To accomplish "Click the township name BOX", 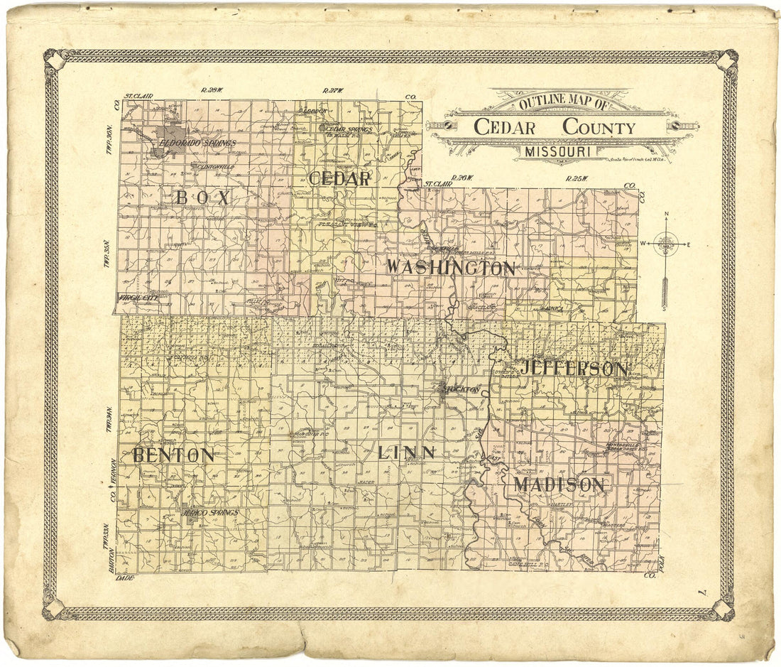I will [203, 198].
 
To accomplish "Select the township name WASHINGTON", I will [451, 269].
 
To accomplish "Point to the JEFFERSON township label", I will [574, 369].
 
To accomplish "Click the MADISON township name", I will [559, 485].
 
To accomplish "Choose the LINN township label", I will [407, 452].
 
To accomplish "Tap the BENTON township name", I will [173, 455].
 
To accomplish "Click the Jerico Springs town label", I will [211, 512].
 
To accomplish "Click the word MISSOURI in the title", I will [561, 151].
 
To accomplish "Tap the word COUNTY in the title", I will [599, 127].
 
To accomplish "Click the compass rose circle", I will [666, 244].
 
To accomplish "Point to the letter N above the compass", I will [666, 215].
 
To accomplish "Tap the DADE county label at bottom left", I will [124, 578].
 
